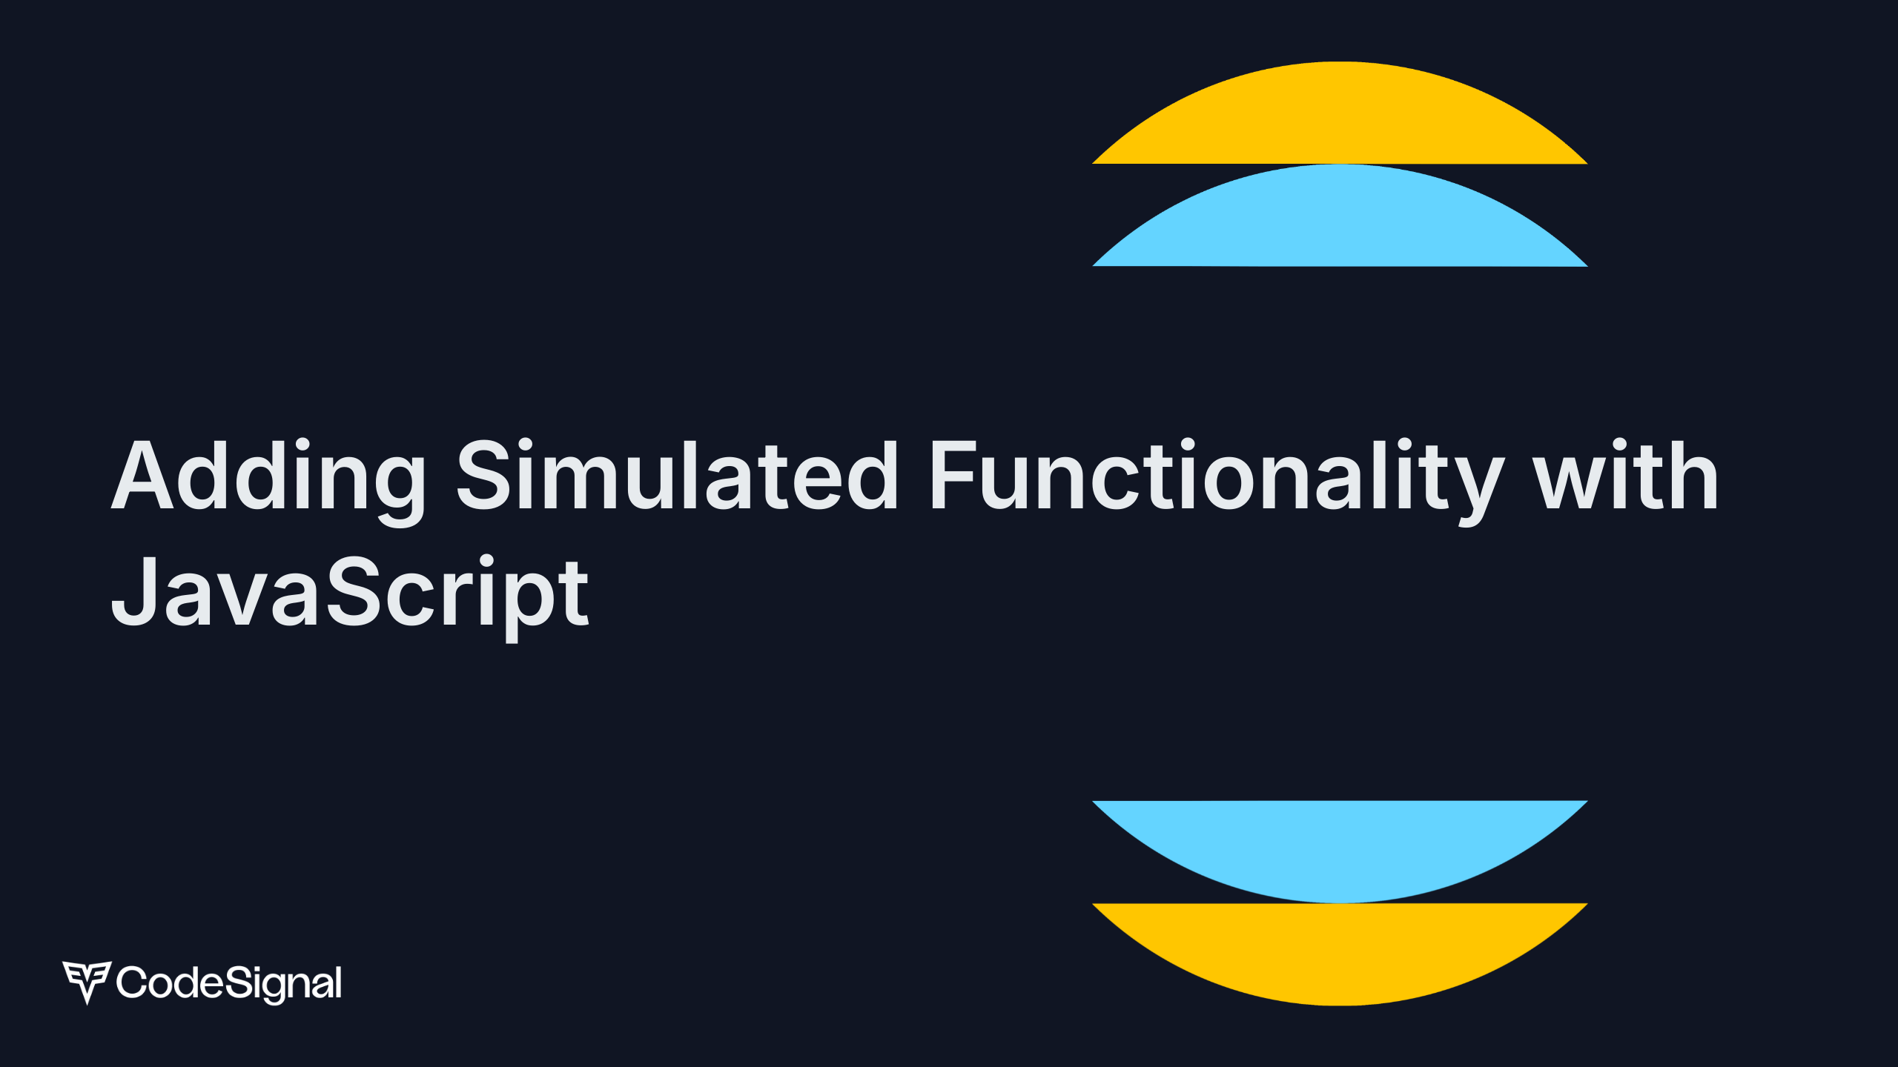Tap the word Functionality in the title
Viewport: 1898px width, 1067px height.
1217,476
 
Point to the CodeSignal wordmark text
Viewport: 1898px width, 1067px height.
229,983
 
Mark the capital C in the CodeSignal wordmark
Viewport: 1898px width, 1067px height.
132,983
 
